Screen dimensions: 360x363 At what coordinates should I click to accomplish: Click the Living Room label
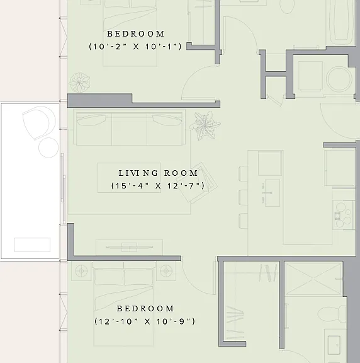158,173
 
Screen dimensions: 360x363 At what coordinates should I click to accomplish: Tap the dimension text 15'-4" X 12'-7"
158,186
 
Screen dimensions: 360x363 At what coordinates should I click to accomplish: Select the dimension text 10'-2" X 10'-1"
135,47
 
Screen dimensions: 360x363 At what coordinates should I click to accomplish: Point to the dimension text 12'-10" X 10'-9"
145,321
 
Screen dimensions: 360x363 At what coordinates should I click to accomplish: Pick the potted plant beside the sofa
205,125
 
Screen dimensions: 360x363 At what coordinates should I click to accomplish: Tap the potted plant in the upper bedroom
79,83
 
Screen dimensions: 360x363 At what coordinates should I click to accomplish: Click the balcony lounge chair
38,123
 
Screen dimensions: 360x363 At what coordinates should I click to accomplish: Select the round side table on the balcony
48,147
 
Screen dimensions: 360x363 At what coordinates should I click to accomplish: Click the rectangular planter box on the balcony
32,245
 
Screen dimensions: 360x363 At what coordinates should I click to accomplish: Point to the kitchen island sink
272,193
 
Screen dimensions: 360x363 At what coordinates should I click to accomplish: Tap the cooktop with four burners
344,215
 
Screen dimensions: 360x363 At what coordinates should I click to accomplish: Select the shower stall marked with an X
313,279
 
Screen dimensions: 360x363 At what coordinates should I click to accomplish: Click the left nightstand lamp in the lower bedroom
81,271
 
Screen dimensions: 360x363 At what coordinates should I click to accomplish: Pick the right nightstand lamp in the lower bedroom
166,271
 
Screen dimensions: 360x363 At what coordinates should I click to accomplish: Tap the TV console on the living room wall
129,248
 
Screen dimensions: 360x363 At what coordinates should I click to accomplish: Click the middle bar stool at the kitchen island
243,197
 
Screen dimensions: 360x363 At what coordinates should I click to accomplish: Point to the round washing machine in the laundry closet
339,79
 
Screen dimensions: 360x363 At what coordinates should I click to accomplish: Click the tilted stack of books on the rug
196,183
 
